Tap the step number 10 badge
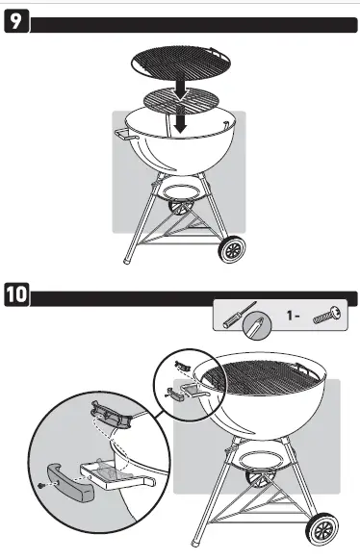tap(17, 293)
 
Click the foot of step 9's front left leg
tap(126, 260)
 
